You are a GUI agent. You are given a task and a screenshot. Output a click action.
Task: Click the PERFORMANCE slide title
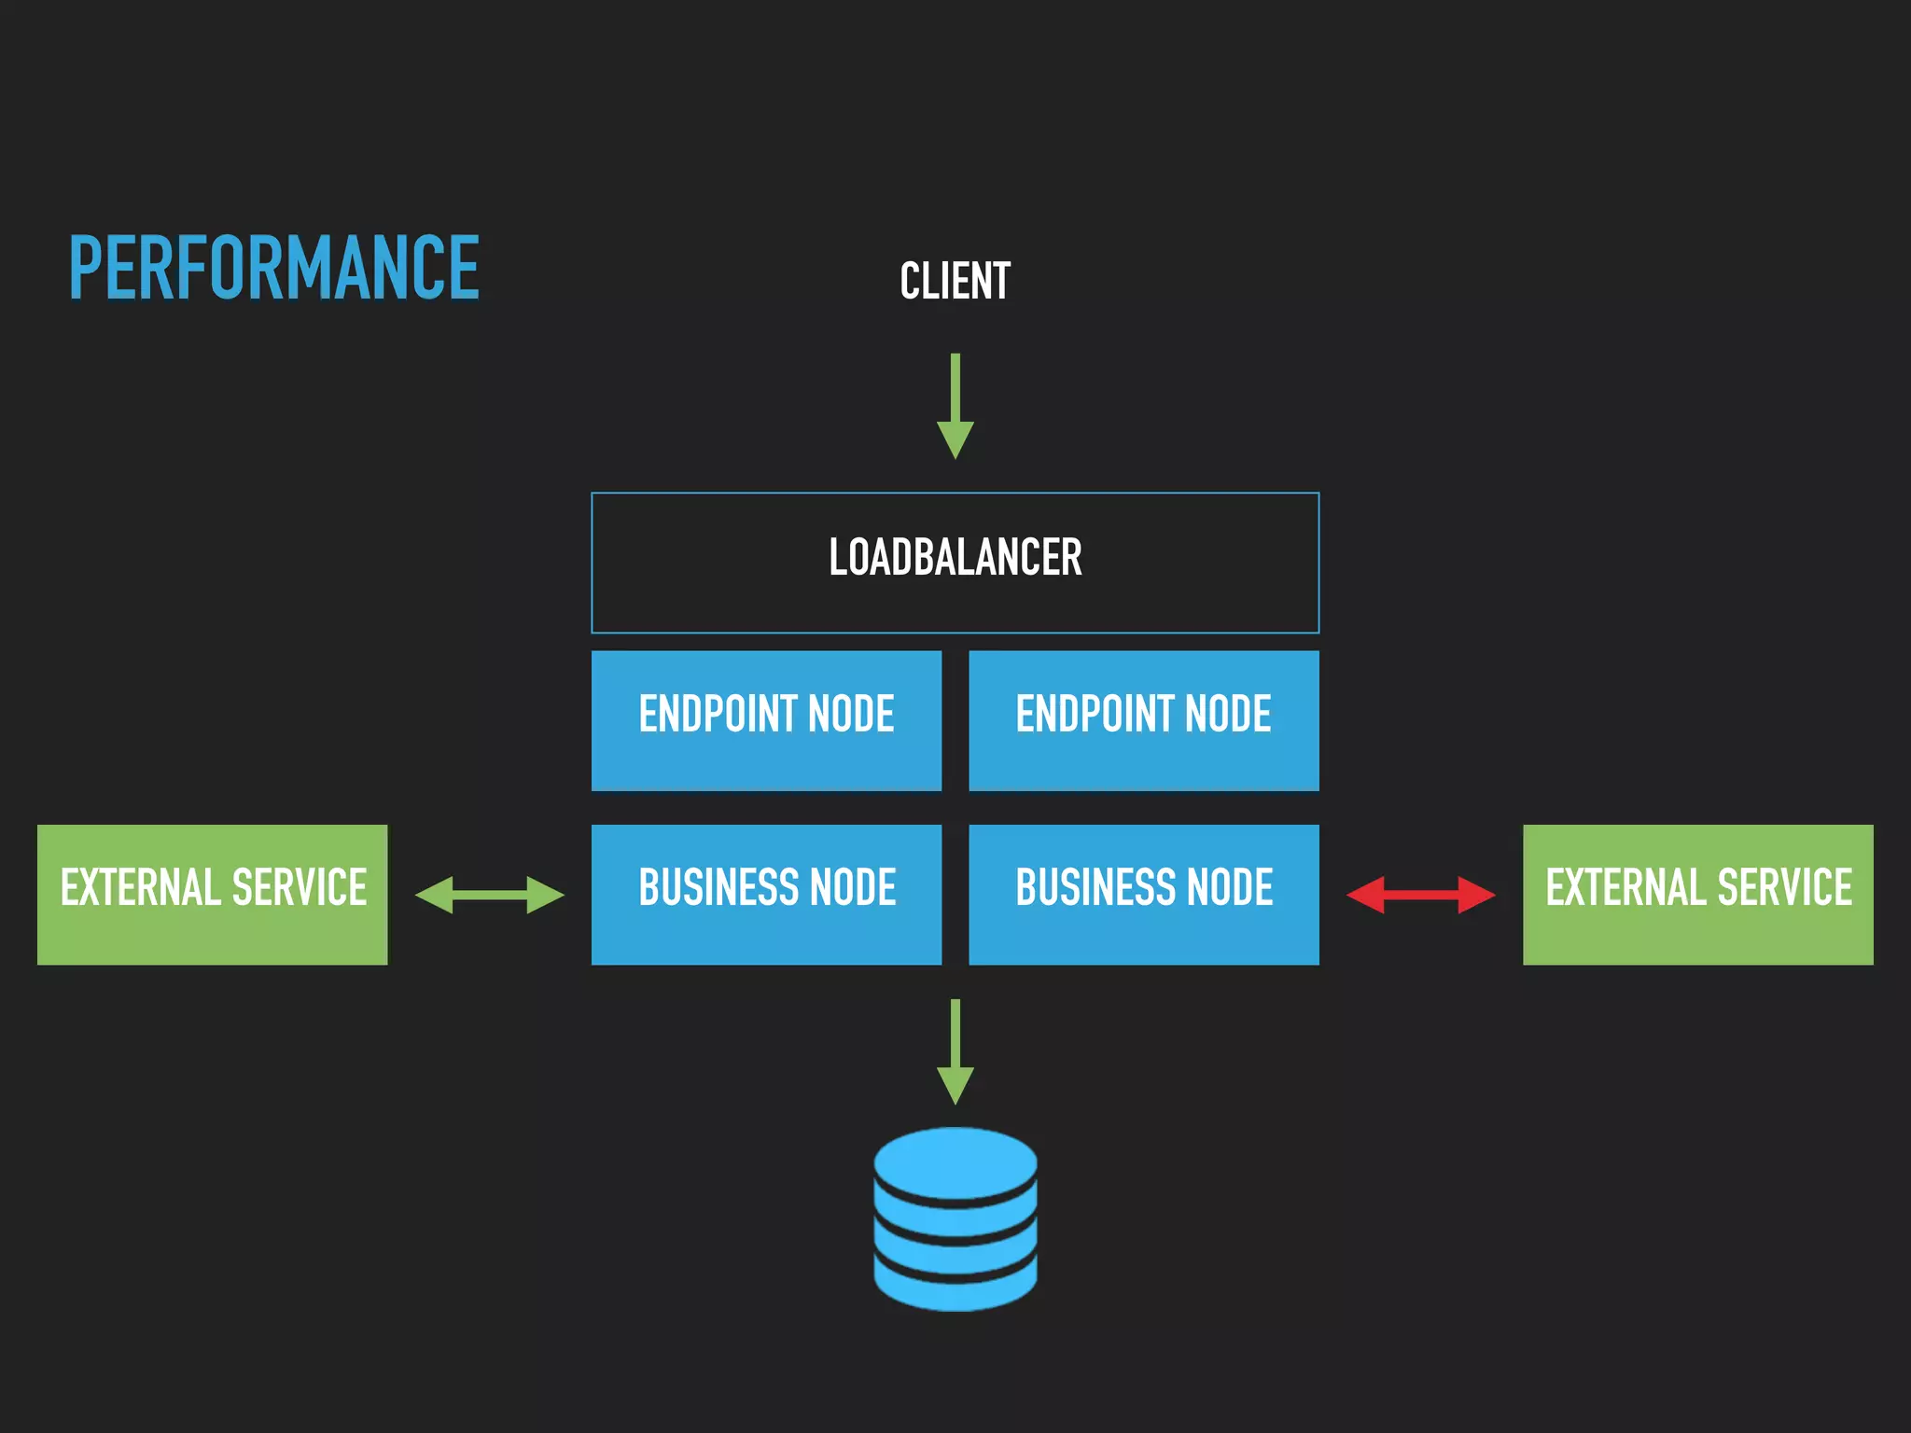click(x=274, y=269)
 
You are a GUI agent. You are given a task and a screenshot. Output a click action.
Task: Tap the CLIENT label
click(x=955, y=281)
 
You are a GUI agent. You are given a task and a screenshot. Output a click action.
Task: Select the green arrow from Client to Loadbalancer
click(x=955, y=406)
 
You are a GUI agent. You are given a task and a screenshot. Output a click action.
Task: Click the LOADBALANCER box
click(x=955, y=562)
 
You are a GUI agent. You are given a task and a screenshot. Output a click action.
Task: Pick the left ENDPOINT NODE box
click(x=766, y=720)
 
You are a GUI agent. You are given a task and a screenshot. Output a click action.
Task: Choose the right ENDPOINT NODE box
click(x=1143, y=720)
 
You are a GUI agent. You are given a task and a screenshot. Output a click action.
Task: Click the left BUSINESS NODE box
click(x=766, y=894)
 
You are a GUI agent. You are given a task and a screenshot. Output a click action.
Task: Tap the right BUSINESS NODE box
click(x=1143, y=894)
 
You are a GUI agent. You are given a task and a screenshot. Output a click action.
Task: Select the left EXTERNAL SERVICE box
click(x=212, y=894)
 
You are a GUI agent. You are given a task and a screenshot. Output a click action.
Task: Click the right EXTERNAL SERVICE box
click(x=1697, y=894)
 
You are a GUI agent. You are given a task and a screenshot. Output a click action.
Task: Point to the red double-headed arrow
click(x=1420, y=895)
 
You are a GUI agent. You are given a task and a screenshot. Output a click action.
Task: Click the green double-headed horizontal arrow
click(x=489, y=895)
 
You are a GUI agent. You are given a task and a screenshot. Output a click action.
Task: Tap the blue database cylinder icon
click(x=955, y=1218)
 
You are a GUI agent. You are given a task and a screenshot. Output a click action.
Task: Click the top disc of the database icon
click(x=955, y=1161)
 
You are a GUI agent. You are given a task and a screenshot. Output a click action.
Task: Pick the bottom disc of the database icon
click(x=955, y=1292)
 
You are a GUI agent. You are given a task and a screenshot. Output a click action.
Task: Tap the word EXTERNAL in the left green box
click(x=139, y=887)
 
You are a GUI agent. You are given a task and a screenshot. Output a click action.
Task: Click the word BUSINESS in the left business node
click(x=709, y=887)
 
